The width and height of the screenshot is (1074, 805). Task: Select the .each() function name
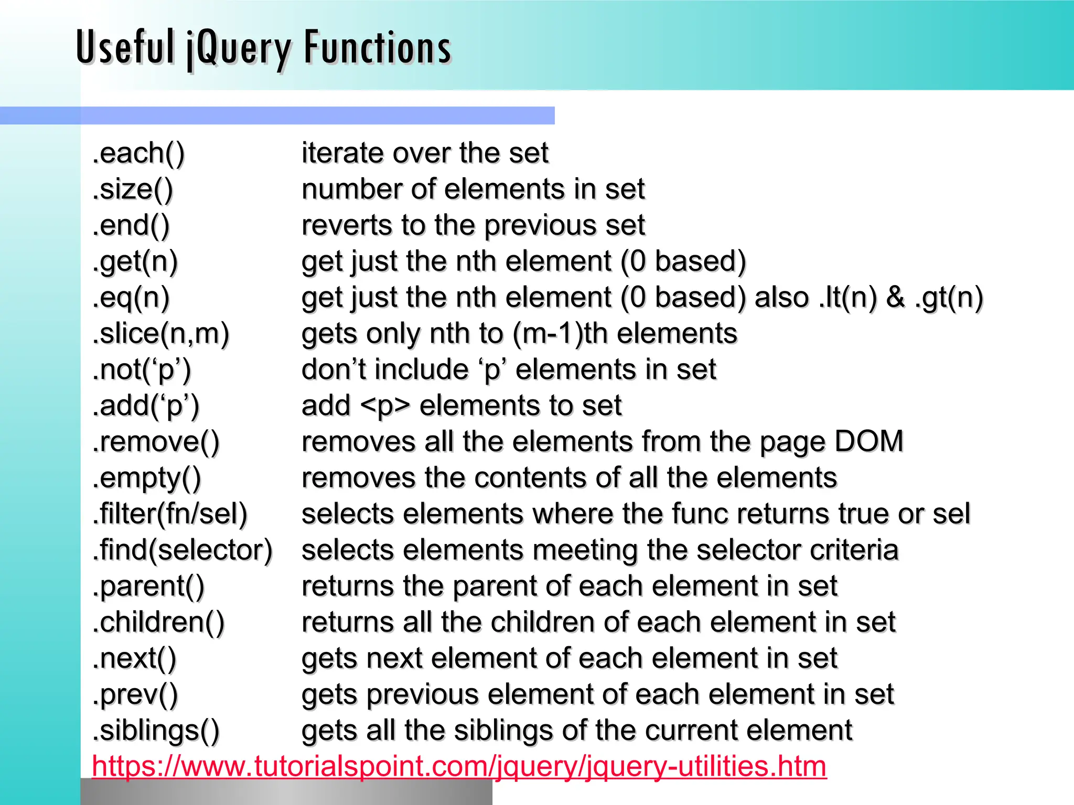coord(138,153)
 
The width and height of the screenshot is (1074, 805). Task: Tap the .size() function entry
coord(132,189)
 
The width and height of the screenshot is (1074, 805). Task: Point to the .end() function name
coord(131,225)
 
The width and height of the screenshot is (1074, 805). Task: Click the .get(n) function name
coord(135,262)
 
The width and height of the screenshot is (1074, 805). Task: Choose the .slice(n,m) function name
coord(160,334)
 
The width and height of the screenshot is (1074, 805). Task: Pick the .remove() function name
coord(156,442)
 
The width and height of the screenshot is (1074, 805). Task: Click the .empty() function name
coord(147,478)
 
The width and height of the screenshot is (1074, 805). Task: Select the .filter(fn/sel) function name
coord(169,514)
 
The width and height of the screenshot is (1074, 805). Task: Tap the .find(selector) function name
coord(182,550)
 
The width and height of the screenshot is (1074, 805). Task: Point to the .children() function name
coord(158,623)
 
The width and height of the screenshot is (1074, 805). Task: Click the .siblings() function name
coord(156,731)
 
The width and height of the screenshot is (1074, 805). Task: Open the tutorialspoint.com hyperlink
coord(459,766)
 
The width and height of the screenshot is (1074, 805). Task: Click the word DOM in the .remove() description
coord(868,441)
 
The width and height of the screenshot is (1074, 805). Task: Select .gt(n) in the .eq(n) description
coord(949,298)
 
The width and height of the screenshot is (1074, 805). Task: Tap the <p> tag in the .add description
coord(385,406)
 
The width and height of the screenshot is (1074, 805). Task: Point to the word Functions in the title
coord(378,48)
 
